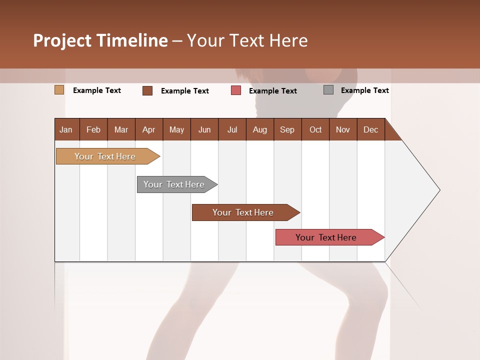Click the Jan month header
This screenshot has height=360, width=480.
[x=66, y=129]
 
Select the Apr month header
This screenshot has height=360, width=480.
[x=148, y=129]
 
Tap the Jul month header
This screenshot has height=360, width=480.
[x=232, y=129]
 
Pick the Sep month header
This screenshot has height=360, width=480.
[x=287, y=129]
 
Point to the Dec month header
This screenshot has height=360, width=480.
[x=370, y=129]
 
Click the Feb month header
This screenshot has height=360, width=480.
[x=93, y=129]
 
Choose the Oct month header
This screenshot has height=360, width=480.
[x=315, y=129]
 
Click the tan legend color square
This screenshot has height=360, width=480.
[x=59, y=90]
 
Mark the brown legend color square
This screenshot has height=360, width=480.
[x=147, y=90]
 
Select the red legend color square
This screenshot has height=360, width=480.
[x=236, y=90]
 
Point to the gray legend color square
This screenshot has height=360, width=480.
[x=328, y=90]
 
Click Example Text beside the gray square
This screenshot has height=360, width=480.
[x=364, y=90]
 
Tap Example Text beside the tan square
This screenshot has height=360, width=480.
[x=97, y=90]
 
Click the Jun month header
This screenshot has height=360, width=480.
[x=204, y=129]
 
